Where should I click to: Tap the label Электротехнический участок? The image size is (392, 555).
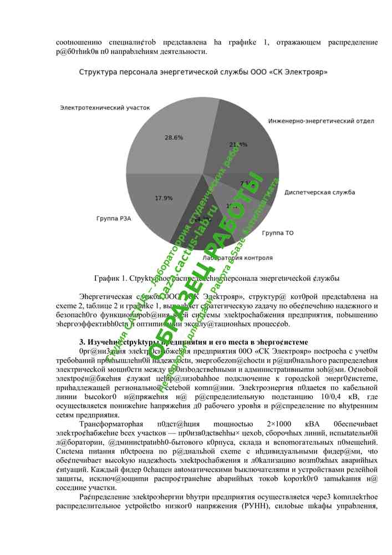105,108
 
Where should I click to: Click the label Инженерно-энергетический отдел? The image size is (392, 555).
321,120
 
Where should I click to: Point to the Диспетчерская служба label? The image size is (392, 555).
319,193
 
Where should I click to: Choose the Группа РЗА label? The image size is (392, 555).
114,218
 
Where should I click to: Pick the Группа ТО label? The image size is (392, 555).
277,233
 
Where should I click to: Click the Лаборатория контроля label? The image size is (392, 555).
237,258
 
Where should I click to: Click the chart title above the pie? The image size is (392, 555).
203,72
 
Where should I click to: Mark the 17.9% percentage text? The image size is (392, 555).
164,198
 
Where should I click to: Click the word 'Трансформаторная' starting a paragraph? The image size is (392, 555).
112,423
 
